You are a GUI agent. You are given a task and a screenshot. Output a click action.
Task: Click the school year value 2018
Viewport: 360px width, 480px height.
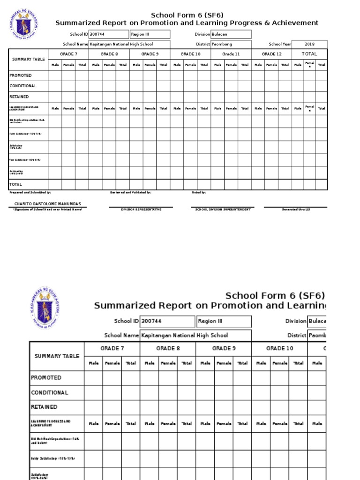click(309, 44)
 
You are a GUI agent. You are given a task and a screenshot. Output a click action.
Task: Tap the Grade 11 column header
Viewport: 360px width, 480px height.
click(231, 54)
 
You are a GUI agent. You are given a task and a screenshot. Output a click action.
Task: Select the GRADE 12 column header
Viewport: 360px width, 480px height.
click(271, 54)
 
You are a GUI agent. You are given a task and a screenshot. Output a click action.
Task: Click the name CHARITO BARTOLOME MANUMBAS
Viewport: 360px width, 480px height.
click(47, 204)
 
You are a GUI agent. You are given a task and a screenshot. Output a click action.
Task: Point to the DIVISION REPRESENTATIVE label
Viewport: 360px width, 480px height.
click(141, 210)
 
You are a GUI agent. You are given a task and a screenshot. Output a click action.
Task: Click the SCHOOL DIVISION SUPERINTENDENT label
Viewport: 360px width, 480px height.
click(223, 210)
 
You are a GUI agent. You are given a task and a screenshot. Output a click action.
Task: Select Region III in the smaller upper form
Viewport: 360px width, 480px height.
click(140, 34)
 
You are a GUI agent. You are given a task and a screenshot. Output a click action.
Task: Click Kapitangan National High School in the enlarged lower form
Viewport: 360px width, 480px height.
click(185, 335)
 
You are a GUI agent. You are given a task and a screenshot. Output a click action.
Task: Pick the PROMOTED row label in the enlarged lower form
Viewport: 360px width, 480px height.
click(46, 377)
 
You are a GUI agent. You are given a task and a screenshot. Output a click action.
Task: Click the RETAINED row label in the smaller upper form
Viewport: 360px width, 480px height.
click(19, 97)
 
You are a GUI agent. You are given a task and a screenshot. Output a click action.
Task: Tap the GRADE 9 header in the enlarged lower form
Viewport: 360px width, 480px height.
click(224, 348)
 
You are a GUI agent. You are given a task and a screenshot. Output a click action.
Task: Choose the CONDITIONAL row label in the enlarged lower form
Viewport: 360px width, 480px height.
click(49, 392)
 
